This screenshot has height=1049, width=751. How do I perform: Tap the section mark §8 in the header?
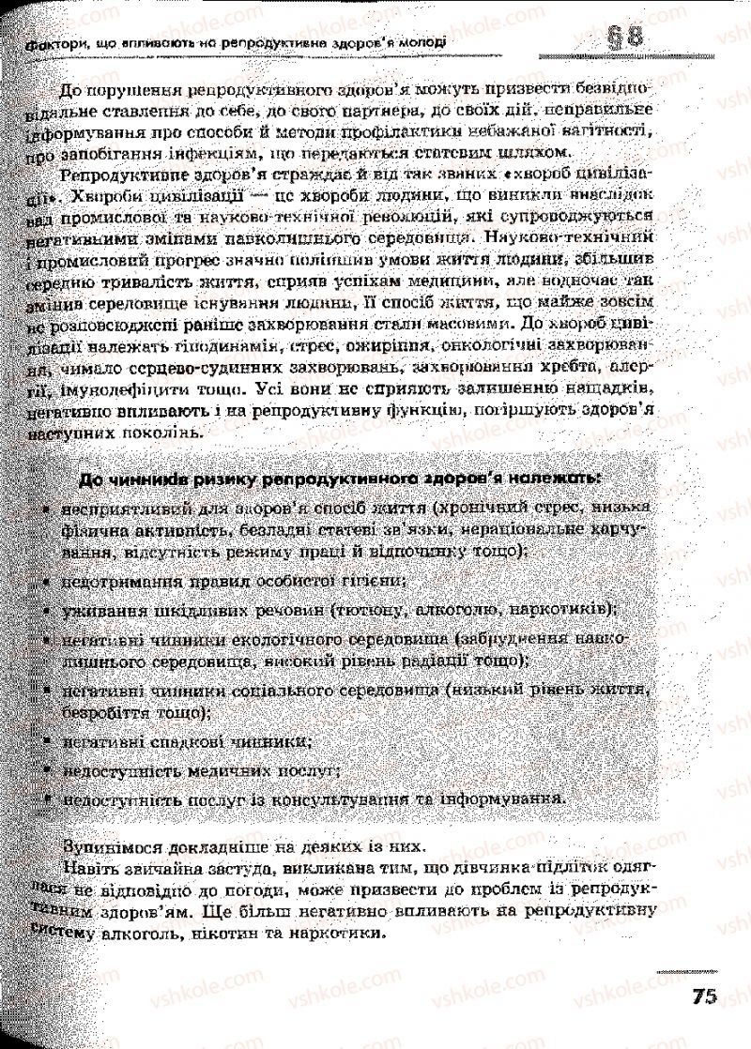[621, 39]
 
